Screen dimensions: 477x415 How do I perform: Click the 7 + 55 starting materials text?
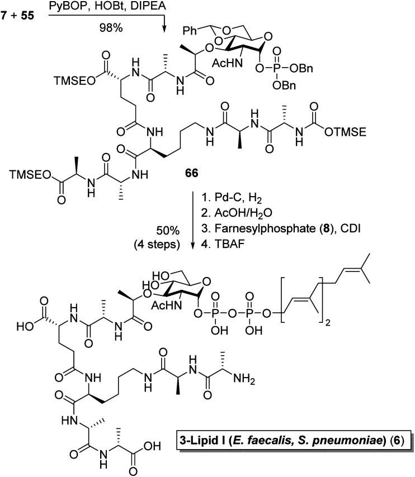20,10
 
